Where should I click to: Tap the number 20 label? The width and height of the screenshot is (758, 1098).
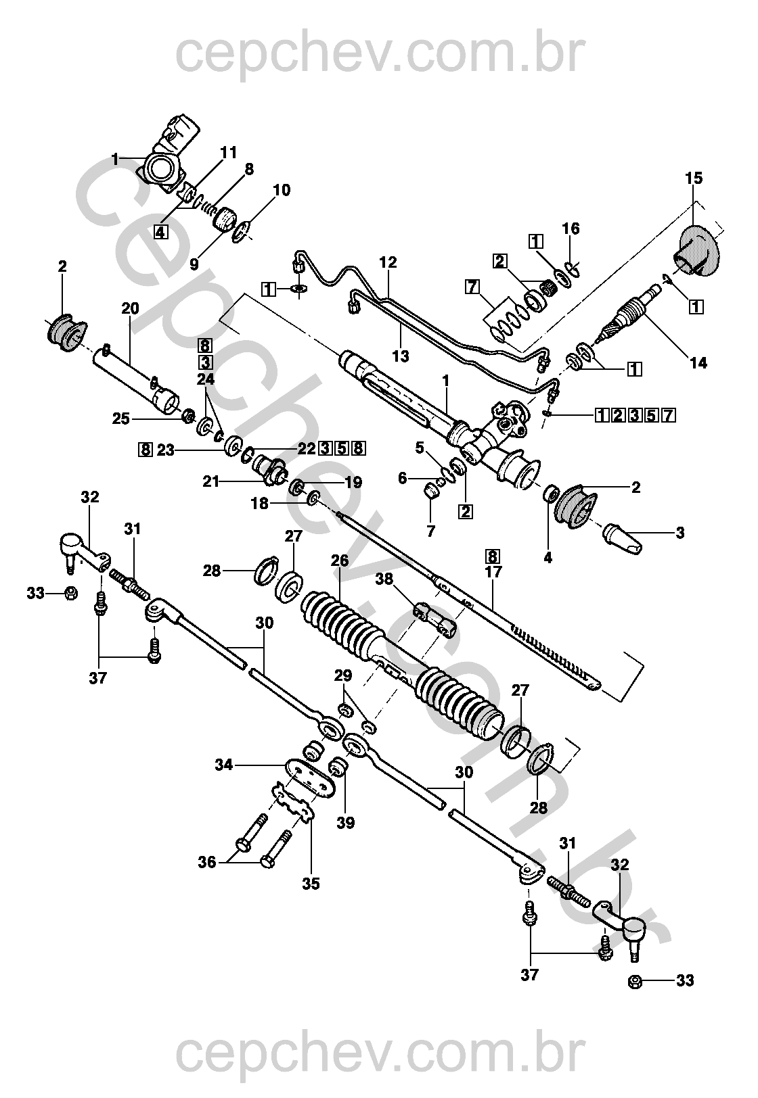coord(130,309)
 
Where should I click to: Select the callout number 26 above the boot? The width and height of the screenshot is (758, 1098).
coord(339,560)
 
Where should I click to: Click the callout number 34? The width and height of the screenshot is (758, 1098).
coord(224,765)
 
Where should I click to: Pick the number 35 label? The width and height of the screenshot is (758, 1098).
coord(311,883)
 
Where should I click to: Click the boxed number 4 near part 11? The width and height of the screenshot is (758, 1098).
coord(160,232)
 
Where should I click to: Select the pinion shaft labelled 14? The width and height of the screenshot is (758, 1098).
coord(633,312)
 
